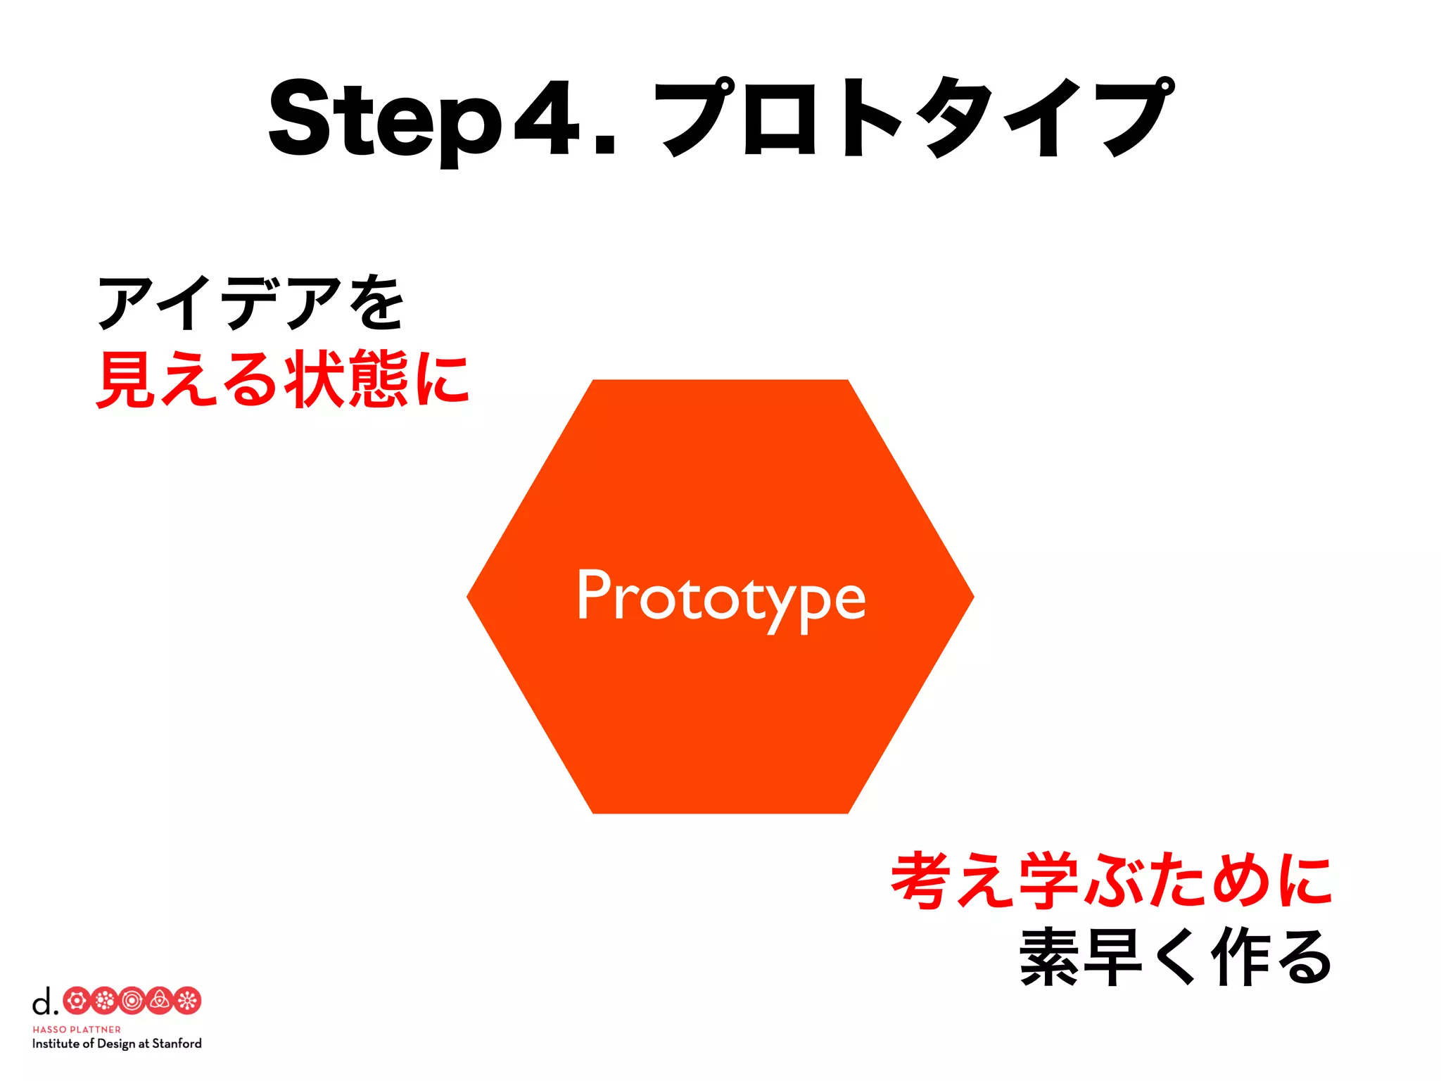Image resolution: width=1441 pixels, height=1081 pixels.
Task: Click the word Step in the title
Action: [385, 120]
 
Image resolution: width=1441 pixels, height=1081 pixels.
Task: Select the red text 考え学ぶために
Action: [1111, 880]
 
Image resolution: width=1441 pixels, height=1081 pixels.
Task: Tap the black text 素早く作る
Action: [1175, 957]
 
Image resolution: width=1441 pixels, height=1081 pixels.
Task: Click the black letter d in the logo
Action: [42, 1001]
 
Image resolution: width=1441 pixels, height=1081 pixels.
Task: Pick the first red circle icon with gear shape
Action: [77, 1001]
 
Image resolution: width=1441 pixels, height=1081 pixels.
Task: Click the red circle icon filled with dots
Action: [104, 1001]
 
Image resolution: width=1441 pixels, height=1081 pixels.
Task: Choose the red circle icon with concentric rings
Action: [132, 1001]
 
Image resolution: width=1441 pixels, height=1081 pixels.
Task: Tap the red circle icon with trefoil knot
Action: [160, 1001]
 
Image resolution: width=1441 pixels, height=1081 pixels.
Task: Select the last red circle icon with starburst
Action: [188, 1001]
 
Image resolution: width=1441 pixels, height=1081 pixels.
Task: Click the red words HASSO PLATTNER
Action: [77, 1030]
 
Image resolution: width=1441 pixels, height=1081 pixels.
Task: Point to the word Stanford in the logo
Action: [177, 1044]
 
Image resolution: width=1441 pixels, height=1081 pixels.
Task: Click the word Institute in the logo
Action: [56, 1044]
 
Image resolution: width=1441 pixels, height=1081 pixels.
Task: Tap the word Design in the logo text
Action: [115, 1044]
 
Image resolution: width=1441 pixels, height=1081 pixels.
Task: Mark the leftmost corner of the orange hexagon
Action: [469, 597]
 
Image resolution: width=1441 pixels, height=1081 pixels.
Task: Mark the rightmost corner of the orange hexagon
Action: [972, 597]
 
